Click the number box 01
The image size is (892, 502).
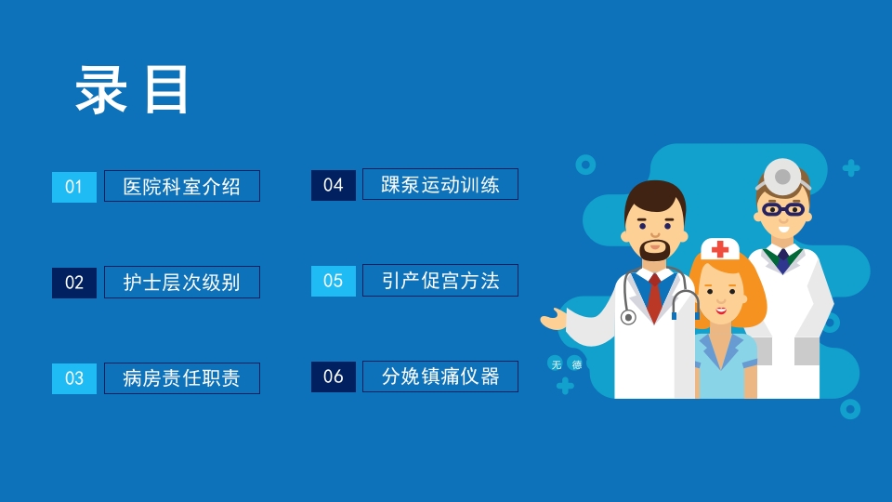(x=74, y=187)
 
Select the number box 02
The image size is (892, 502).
(x=74, y=283)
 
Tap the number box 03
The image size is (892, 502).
(x=74, y=378)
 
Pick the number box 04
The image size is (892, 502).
(x=334, y=185)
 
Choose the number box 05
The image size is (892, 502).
(x=334, y=281)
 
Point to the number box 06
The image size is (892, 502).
(x=334, y=376)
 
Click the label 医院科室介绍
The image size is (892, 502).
(x=182, y=186)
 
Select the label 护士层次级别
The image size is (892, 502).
(x=182, y=283)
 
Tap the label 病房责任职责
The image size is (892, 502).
(x=182, y=378)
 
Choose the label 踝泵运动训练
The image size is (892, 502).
(x=440, y=184)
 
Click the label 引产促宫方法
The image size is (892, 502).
(x=440, y=281)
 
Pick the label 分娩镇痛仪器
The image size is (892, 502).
(x=440, y=376)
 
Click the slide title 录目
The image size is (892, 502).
(x=133, y=90)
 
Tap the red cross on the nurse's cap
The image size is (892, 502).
(x=720, y=249)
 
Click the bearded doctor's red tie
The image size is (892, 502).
(x=655, y=295)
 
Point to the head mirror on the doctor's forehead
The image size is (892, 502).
(x=782, y=176)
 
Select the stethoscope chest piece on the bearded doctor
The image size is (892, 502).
(x=628, y=317)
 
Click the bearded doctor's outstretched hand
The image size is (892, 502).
(x=554, y=321)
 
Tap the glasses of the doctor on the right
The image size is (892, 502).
(x=783, y=208)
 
